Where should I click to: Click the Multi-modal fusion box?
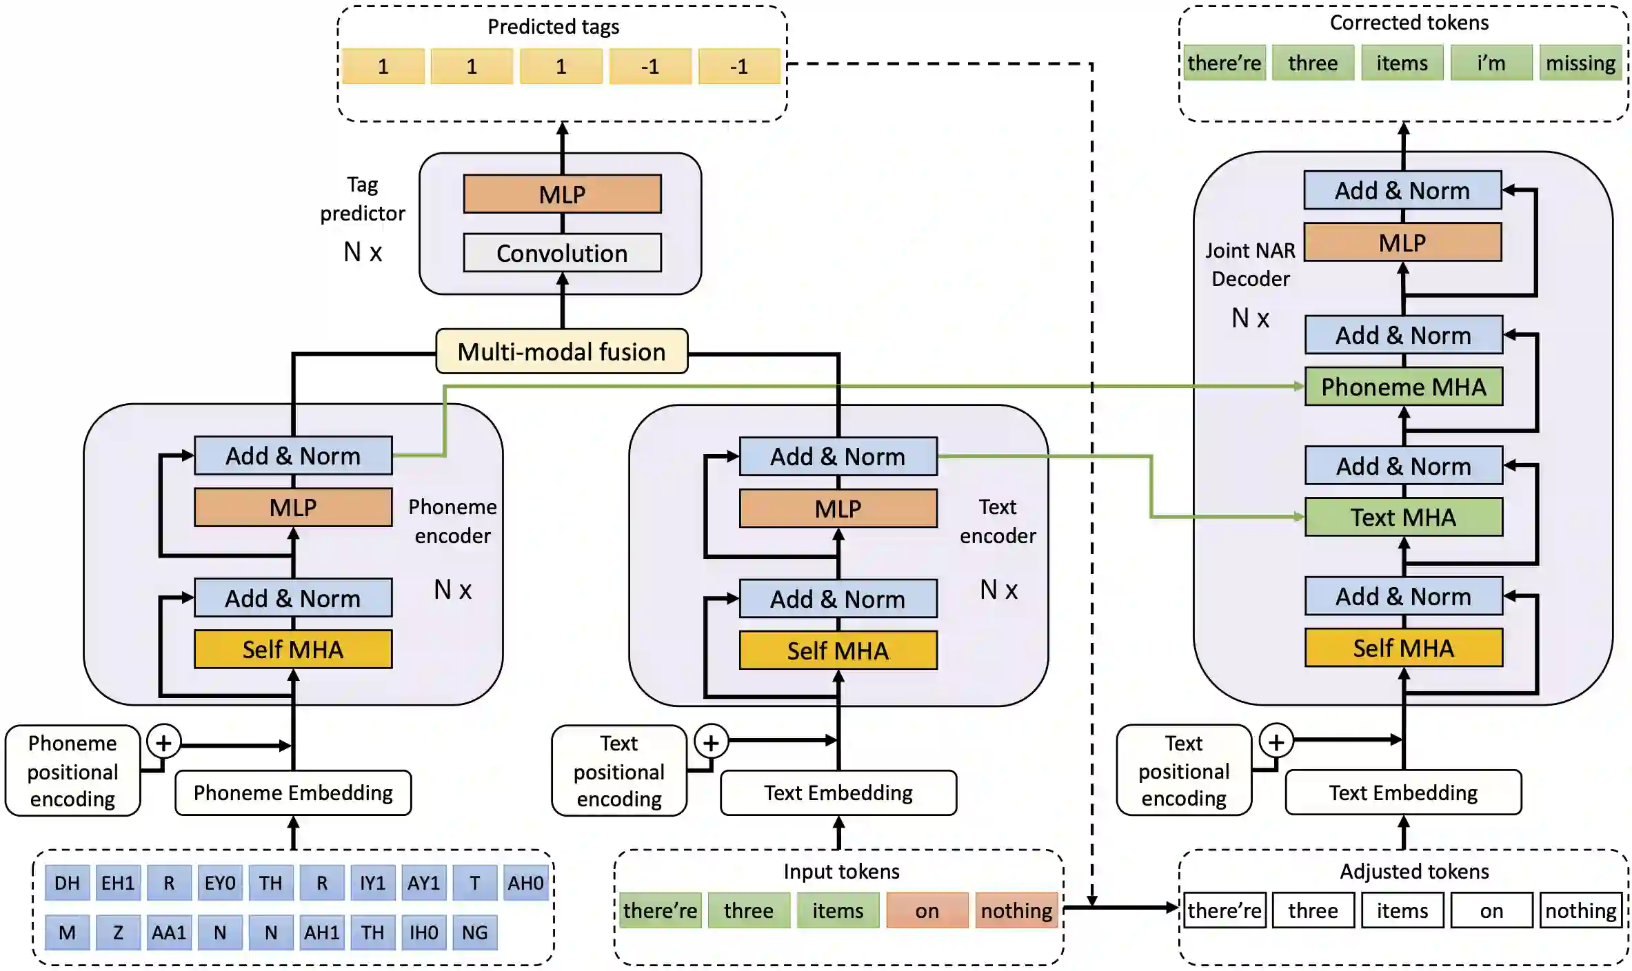[x=561, y=351]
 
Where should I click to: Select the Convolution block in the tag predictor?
[x=562, y=253]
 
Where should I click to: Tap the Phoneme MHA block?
[x=1403, y=387]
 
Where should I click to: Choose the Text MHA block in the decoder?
[x=1403, y=517]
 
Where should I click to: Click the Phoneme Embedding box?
[x=293, y=793]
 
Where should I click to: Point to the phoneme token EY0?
[x=220, y=883]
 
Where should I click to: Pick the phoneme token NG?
[x=474, y=932]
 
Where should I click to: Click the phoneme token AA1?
[x=169, y=932]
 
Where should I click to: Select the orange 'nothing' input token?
[x=1016, y=910]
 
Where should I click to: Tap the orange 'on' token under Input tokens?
[x=927, y=910]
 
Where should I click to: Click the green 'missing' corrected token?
[x=1580, y=63]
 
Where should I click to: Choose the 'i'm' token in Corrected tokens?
[x=1491, y=63]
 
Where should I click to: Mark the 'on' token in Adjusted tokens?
[x=1491, y=910]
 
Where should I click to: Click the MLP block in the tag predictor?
[x=562, y=194]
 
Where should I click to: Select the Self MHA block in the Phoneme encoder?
[x=293, y=649]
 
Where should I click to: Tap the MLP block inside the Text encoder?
[x=838, y=509]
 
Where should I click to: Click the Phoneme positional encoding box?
[x=72, y=770]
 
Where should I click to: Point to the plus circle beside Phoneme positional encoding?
[x=163, y=742]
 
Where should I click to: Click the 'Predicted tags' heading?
[x=553, y=26]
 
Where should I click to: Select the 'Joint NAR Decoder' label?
[x=1250, y=265]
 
